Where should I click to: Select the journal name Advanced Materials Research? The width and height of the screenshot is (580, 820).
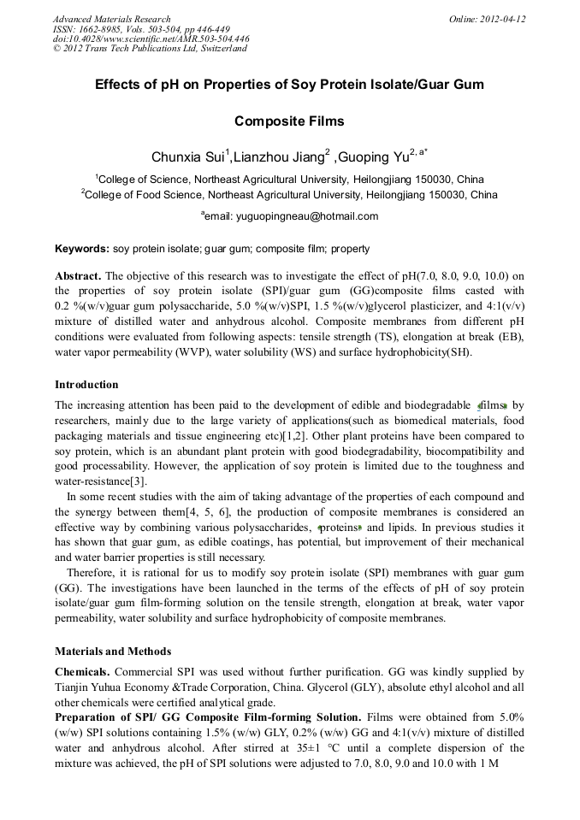pos(111,19)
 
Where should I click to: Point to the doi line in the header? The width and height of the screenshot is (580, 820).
pos(151,38)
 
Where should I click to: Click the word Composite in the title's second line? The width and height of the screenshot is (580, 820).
pos(268,121)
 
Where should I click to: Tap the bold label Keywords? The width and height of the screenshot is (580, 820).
pos(82,250)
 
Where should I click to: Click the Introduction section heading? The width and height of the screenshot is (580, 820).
pos(86,384)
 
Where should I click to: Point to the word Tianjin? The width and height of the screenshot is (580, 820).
pos(73,687)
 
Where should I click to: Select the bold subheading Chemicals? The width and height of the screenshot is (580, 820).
pos(83,672)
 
